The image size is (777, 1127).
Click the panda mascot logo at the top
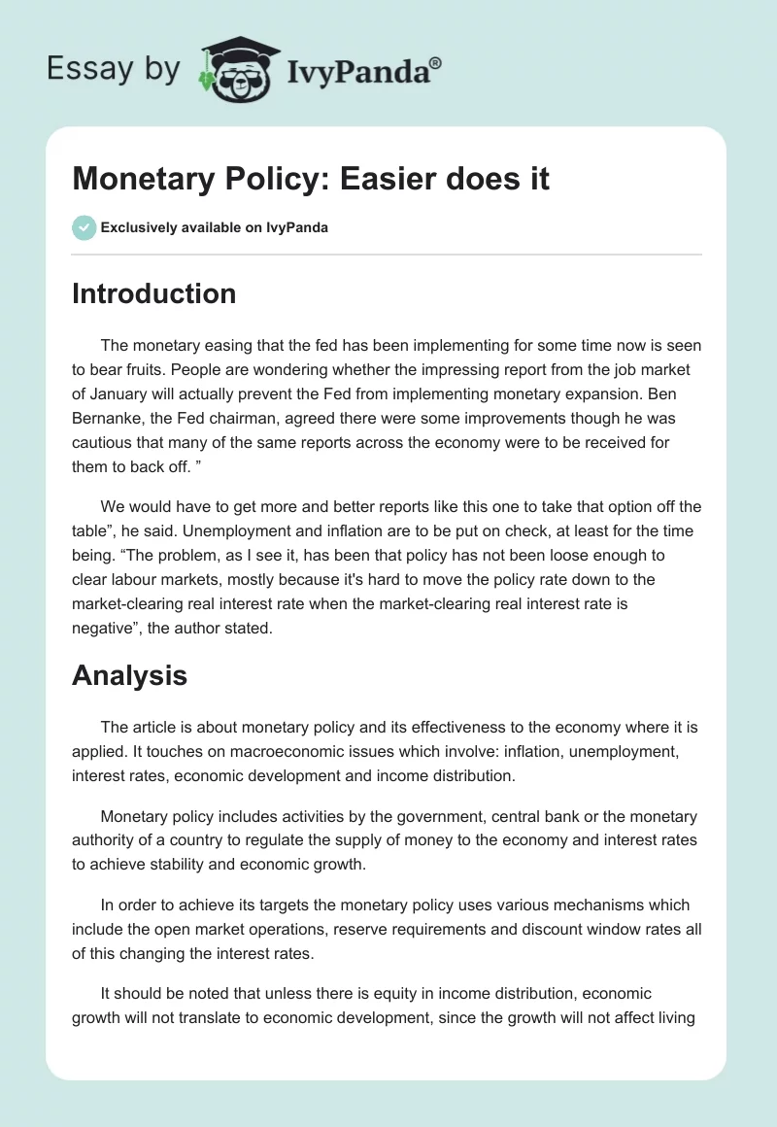pos(237,70)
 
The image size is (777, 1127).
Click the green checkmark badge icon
pos(84,228)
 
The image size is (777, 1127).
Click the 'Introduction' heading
pos(153,293)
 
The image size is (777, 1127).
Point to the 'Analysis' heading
pos(129,675)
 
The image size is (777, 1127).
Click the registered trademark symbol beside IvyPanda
pos(436,61)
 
